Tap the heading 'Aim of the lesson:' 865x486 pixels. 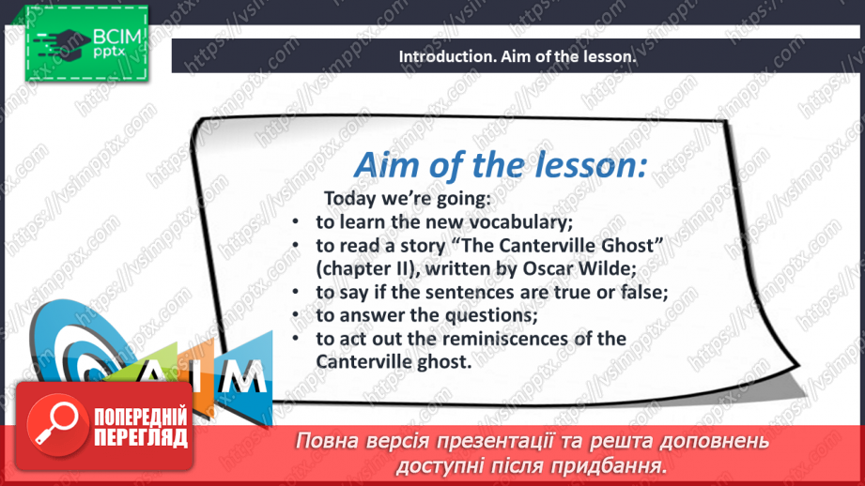click(500, 166)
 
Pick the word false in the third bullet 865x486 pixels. click(642, 292)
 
